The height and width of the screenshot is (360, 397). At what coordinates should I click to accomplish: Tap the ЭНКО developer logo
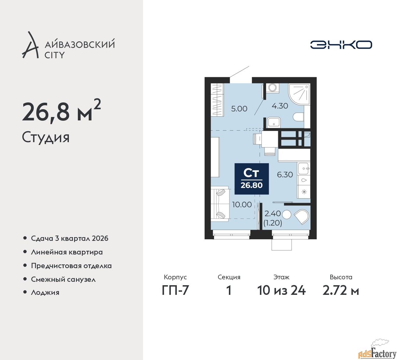click(341, 45)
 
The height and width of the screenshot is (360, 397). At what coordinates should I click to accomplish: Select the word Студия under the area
click(46, 137)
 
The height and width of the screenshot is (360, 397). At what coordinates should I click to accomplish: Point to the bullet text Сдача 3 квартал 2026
click(70, 238)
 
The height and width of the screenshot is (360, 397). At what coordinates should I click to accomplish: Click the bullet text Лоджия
click(45, 292)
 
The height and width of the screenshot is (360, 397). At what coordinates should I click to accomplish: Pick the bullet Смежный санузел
click(63, 279)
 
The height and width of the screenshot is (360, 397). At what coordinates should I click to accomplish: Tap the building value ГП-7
click(175, 290)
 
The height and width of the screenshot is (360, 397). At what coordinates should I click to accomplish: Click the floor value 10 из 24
click(281, 290)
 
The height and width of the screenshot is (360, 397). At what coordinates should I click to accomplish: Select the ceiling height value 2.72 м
click(341, 290)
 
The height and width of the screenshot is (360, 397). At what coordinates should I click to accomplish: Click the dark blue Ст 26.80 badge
click(252, 179)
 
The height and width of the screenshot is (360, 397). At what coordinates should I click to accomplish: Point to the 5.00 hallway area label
click(239, 109)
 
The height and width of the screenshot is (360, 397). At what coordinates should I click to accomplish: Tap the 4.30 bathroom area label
click(280, 106)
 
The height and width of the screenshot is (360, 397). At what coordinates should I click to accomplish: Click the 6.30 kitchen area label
click(285, 175)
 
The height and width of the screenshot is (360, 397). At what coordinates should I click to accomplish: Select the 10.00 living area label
click(242, 205)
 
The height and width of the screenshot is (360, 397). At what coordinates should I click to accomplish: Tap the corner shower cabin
click(299, 94)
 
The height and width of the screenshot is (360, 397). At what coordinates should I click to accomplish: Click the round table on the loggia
click(286, 214)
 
